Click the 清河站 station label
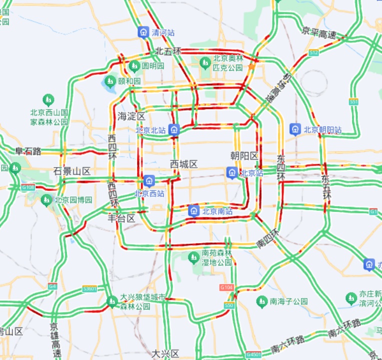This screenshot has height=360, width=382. pos(163,32)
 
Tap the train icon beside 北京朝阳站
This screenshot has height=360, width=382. pos(295,129)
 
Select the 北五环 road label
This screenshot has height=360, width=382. pos(167,51)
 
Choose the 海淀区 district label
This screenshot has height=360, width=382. pos(131,116)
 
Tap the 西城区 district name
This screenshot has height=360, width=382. pos(184,164)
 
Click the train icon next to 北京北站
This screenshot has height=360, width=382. pos(174,130)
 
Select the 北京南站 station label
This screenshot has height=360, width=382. pos(217,211)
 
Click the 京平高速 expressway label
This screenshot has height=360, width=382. pos(318,30)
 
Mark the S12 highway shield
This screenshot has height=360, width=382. pos(314,52)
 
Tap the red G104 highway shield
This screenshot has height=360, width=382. pos(226,287)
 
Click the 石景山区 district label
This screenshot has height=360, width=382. pos(71,171)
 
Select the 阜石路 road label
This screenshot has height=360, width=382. pos(28,150)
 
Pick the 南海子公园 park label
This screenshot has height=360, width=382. pos(288,301)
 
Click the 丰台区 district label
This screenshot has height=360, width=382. pos(121,218)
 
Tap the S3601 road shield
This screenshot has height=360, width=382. pos(89,288)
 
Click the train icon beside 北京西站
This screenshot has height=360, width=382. pos(148,180)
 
